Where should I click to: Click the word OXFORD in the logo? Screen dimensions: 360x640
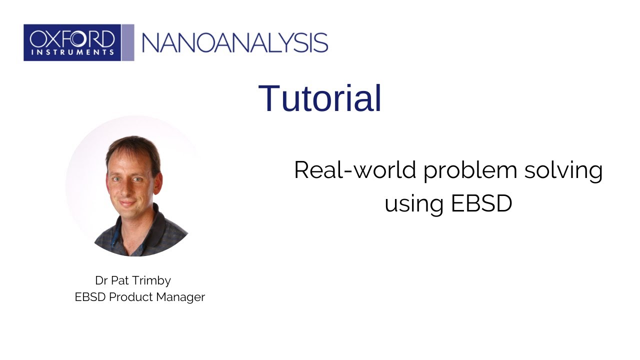[x=72, y=38]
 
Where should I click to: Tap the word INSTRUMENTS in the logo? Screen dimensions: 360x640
[x=72, y=51]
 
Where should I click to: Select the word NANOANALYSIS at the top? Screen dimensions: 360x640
[x=235, y=43]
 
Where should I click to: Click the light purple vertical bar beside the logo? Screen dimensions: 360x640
[x=128, y=42]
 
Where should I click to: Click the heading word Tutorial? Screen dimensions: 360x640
[x=320, y=98]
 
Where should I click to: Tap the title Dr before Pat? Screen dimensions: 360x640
[x=101, y=280]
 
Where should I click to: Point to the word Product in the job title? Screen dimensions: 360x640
[x=132, y=297]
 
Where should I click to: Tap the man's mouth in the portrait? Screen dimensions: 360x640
[x=127, y=202]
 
